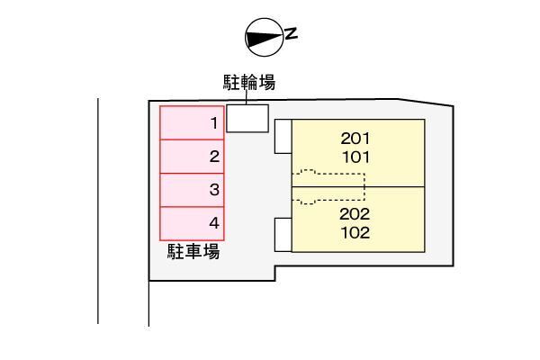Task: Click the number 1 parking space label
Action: click(214, 123)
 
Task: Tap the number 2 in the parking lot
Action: click(214, 157)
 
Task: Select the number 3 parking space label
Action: click(214, 190)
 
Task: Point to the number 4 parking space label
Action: click(214, 223)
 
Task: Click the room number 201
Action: click(355, 139)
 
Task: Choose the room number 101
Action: click(355, 157)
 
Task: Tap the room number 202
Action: click(355, 214)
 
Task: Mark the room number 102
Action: click(355, 233)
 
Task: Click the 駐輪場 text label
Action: click(249, 83)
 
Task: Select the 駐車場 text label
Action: click(193, 251)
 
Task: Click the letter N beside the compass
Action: click(292, 33)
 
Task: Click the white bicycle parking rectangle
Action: click(247, 118)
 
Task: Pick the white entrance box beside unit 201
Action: click(283, 137)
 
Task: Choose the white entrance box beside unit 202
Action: click(283, 235)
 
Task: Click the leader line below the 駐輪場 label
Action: click(247, 97)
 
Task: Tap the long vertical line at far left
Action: click(98, 211)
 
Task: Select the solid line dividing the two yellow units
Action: click(358, 187)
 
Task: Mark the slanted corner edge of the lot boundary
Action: click(426, 103)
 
